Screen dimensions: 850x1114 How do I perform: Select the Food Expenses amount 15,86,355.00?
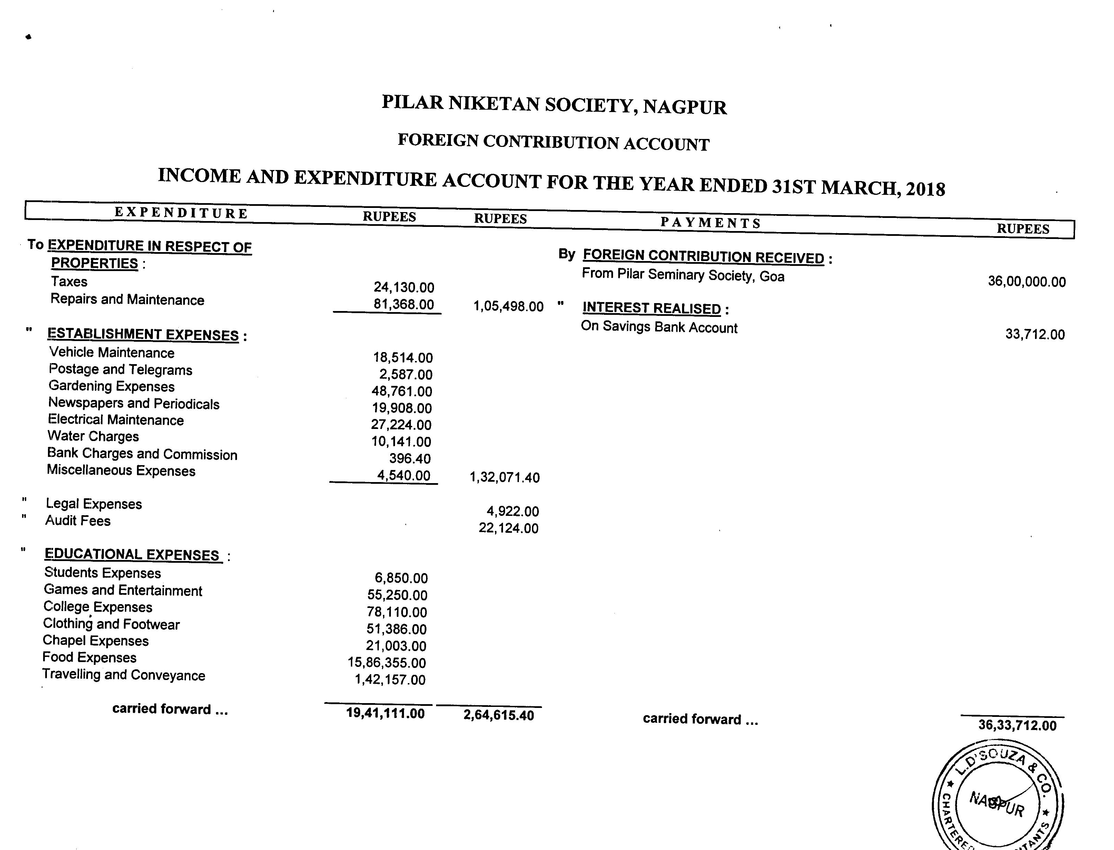coord(387,662)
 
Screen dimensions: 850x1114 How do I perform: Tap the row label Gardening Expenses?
coord(111,387)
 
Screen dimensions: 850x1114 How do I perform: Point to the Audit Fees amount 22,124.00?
coord(508,528)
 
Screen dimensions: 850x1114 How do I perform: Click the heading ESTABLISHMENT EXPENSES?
coord(143,334)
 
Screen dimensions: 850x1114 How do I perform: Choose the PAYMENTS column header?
coord(711,223)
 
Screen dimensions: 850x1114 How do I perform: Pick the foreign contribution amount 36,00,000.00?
coord(1026,282)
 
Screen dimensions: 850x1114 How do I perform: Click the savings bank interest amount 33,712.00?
coord(1035,334)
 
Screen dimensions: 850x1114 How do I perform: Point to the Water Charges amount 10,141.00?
coord(401,442)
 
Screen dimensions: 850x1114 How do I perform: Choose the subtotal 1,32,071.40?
coord(505,477)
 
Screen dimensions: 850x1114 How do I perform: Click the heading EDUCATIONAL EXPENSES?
coord(132,554)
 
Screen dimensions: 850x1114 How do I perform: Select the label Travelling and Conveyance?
coord(124,675)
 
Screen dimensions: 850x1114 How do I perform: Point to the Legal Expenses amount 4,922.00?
coord(512,511)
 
